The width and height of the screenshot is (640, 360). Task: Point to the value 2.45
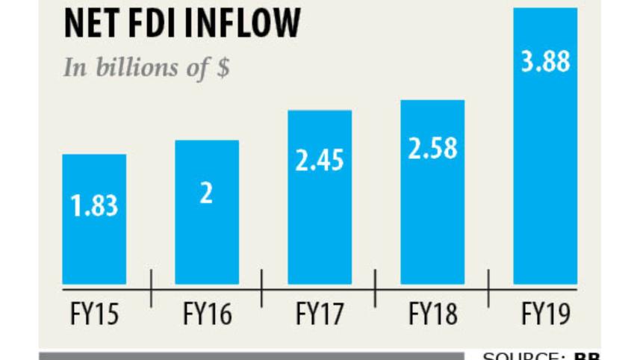tap(320, 161)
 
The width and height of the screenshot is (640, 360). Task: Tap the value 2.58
tap(432, 148)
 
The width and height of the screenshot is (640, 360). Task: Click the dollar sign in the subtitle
tap(222, 68)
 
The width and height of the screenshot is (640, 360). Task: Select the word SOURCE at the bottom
tap(523, 356)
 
